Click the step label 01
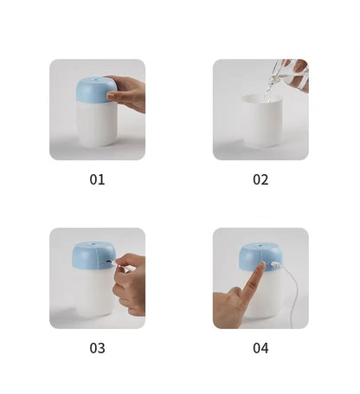(97, 179)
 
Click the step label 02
(260, 179)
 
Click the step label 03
(97, 347)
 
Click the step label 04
(260, 347)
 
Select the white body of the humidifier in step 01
(95, 126)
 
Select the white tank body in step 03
(93, 294)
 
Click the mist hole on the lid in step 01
(96, 81)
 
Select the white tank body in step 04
(264, 299)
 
